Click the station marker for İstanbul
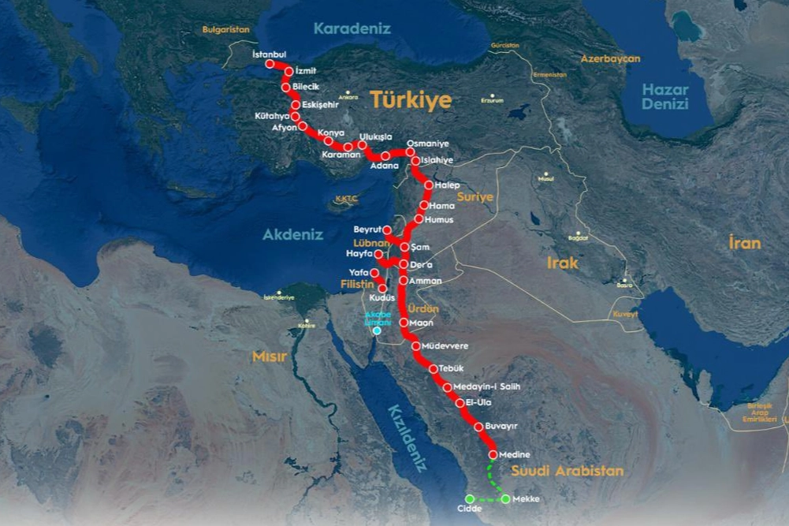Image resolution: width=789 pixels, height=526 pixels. [x=270, y=63]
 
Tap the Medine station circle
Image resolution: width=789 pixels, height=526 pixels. [x=493, y=455]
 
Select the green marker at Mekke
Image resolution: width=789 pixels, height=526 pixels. [x=505, y=498]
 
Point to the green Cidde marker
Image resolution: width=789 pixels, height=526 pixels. [x=469, y=498]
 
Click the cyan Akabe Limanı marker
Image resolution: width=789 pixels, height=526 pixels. [x=377, y=330]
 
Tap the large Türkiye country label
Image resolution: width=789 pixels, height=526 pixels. [x=411, y=100]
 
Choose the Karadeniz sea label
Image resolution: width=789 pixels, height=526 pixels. [x=352, y=28]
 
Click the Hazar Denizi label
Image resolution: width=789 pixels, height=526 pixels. [x=664, y=97]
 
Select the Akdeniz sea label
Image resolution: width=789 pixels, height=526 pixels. [x=293, y=234]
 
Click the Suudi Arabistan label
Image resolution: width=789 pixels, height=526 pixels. [x=568, y=471]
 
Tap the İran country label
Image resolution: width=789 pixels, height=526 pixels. [x=745, y=243]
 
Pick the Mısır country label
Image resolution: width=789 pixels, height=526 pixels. [x=270, y=356]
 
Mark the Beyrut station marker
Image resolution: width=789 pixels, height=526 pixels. [x=387, y=230]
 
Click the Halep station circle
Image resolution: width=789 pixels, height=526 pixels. [x=428, y=185]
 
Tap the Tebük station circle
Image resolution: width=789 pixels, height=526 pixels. [x=433, y=369]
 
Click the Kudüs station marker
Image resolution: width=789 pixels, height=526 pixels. [x=382, y=289]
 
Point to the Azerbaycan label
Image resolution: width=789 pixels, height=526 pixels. [x=610, y=58]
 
